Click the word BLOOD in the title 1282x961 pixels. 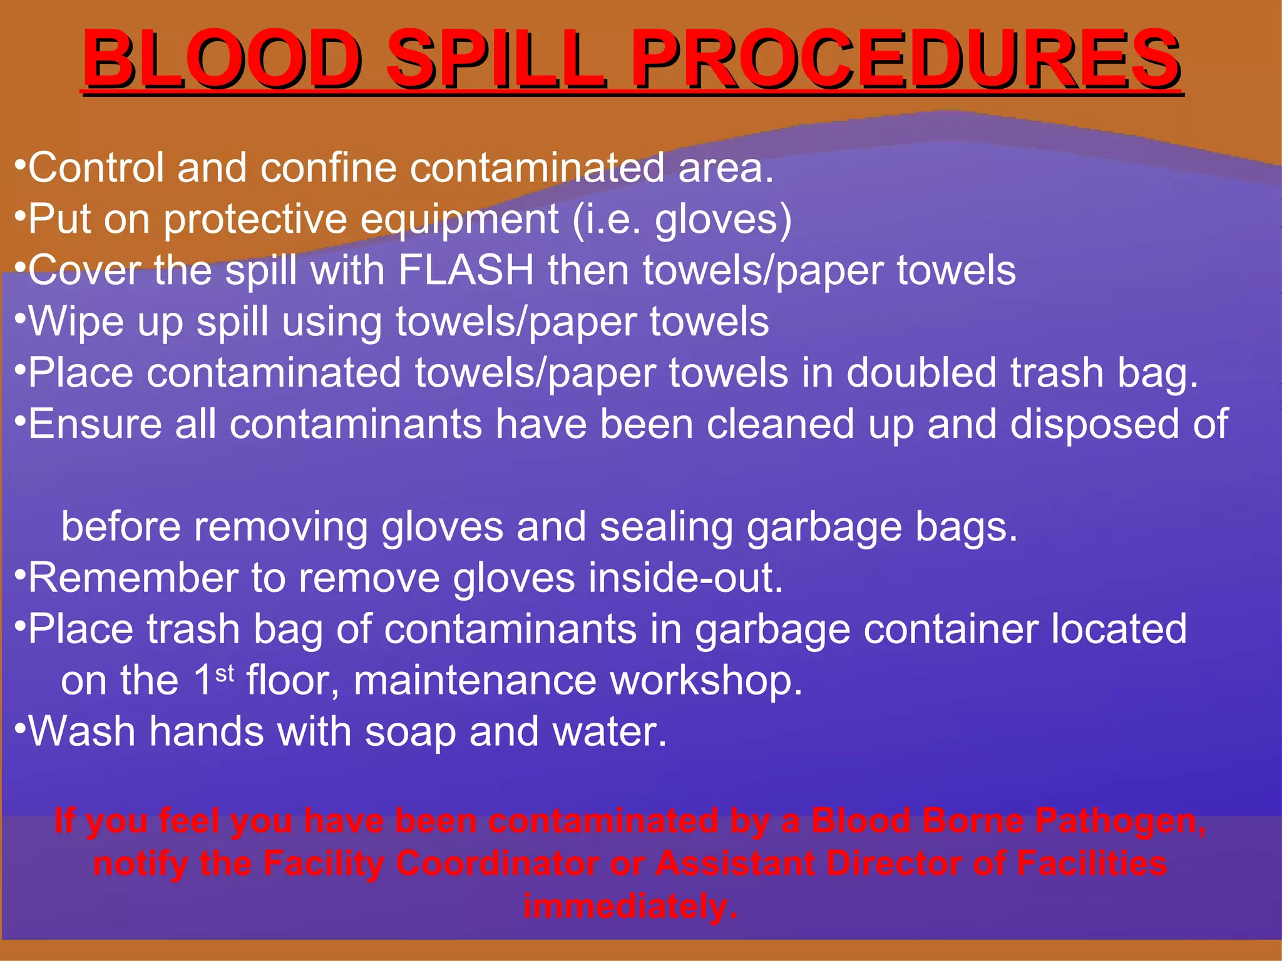tap(222, 59)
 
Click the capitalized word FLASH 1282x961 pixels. tap(466, 270)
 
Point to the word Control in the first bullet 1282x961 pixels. tap(96, 168)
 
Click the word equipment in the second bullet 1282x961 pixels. tap(459, 220)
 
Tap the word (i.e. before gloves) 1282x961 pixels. tap(607, 220)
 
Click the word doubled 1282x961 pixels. tap(921, 373)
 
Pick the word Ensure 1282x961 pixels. tap(94, 424)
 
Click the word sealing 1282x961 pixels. tap(666, 527)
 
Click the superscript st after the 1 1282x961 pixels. tap(225, 673)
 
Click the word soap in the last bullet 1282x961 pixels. tap(410, 731)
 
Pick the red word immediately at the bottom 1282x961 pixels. tap(630, 906)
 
